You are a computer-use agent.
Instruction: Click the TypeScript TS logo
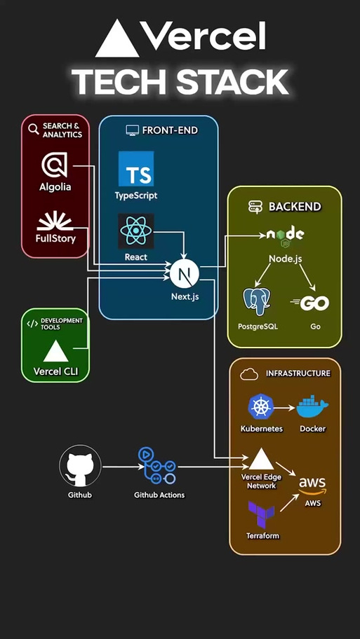point(136,169)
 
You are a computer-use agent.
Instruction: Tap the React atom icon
point(136,231)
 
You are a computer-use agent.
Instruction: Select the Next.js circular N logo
point(184,273)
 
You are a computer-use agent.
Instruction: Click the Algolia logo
point(54,165)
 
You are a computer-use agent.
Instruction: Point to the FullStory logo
point(55,221)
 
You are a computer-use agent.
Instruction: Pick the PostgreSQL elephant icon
point(257,301)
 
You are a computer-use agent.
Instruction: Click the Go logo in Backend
point(309,303)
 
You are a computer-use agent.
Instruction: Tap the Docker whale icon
point(312,406)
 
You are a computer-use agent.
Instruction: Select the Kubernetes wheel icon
point(260,406)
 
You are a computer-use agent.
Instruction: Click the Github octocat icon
point(81,466)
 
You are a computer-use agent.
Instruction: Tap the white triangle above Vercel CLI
point(55,351)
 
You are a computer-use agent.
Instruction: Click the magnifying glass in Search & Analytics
point(34,129)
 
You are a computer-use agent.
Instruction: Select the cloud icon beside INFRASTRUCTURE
point(249,373)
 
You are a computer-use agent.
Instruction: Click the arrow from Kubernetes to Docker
point(284,407)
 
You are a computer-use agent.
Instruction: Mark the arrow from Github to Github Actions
point(120,467)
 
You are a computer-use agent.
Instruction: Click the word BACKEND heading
point(295,207)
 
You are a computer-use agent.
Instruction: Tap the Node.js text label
point(286,259)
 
